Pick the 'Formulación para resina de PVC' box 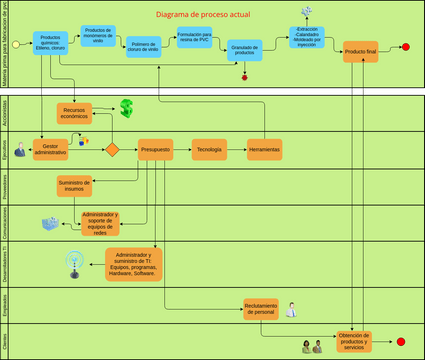[193, 39]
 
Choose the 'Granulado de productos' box [244, 50]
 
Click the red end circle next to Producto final [405, 48]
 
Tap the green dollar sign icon [127, 107]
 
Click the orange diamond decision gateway [112, 150]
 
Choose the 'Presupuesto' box [155, 149]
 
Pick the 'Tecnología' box [209, 149]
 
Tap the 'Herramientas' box [263, 149]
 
